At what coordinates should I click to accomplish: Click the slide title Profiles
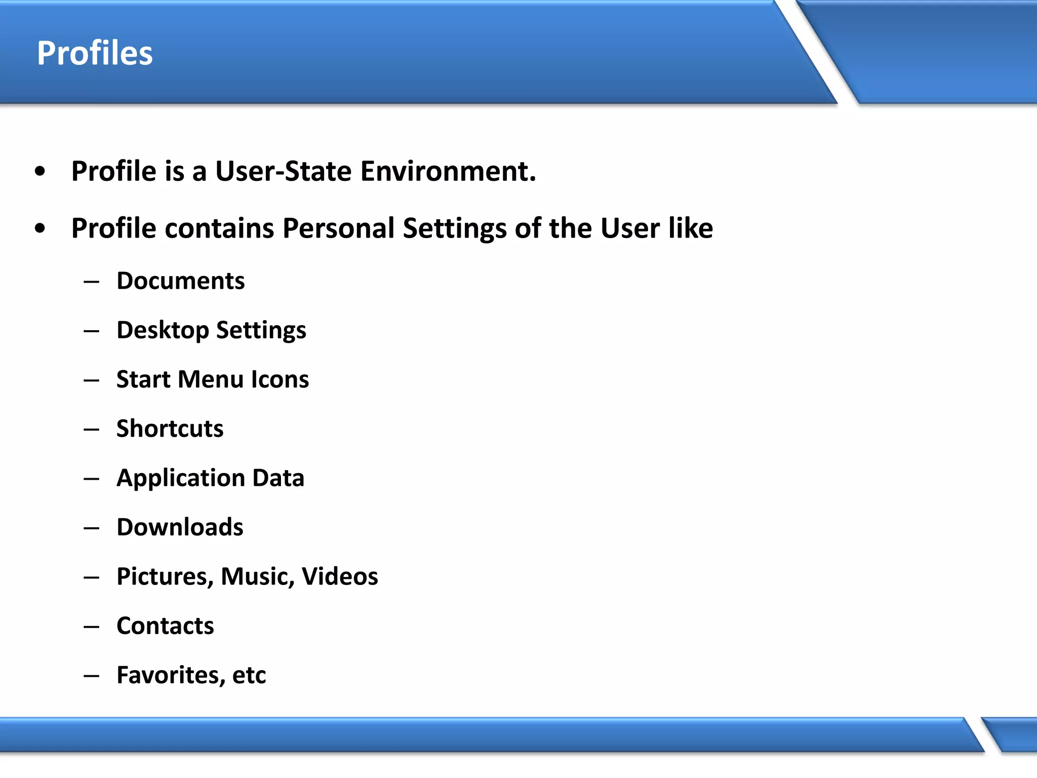click(x=95, y=53)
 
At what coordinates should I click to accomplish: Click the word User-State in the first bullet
click(x=283, y=171)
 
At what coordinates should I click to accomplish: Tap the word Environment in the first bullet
click(x=448, y=171)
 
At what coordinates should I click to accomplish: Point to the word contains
click(x=219, y=228)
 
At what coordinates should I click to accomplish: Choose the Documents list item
click(x=180, y=281)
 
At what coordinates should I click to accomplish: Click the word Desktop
click(x=163, y=331)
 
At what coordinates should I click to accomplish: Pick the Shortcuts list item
click(x=170, y=429)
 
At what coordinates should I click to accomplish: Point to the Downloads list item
click(x=180, y=527)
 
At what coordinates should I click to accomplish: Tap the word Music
click(x=257, y=577)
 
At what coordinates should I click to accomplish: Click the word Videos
click(x=340, y=577)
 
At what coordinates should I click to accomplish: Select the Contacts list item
click(x=165, y=626)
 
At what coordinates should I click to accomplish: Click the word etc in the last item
click(x=249, y=675)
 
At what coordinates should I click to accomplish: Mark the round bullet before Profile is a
click(x=40, y=172)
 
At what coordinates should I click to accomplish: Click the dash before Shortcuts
click(x=92, y=430)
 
